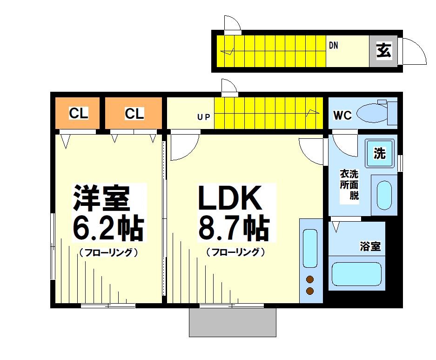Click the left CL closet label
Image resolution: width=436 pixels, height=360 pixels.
coord(79,113)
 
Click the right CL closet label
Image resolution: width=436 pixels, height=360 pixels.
coord(134,113)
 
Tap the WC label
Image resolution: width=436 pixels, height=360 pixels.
coord(342,115)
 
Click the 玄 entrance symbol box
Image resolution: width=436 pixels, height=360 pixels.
coord(384,50)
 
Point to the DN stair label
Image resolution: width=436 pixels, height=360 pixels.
coord(333,46)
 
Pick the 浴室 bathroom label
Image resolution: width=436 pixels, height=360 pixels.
coord(370,246)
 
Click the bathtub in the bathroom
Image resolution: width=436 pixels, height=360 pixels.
coord(356,274)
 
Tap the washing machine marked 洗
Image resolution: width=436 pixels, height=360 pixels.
coord(380,153)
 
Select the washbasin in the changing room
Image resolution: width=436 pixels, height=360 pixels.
coord(384,195)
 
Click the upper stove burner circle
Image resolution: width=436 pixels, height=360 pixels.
coord(309,279)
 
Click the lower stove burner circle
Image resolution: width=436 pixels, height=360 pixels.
coord(309,292)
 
